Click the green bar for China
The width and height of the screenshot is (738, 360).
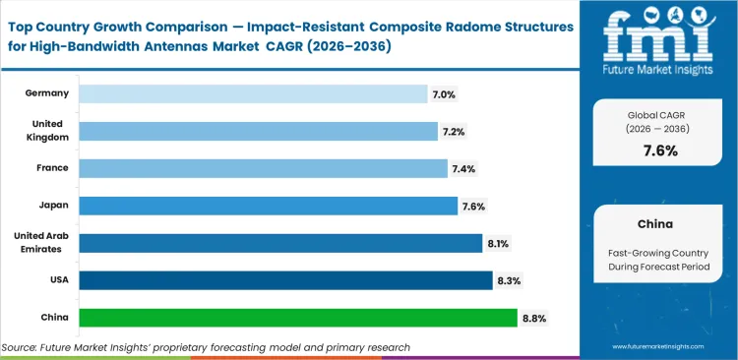[x=297, y=318]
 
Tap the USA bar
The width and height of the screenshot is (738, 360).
[x=285, y=280]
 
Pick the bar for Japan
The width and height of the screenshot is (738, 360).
[x=268, y=206]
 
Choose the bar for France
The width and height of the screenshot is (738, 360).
[x=263, y=168]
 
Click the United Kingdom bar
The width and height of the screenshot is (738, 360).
[x=258, y=131]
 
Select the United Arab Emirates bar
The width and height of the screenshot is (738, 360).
[x=280, y=243]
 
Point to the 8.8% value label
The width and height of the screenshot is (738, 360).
[x=534, y=318]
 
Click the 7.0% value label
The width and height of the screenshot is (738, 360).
[x=444, y=93]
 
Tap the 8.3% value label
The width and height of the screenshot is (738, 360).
[x=510, y=280]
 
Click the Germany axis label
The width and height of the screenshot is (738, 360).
[x=47, y=92]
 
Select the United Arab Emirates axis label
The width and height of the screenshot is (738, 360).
[x=41, y=242]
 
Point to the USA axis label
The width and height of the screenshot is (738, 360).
[x=56, y=279]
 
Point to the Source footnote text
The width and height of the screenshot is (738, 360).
[x=206, y=347]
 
